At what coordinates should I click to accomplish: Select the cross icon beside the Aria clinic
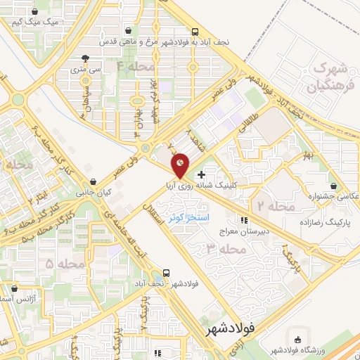click(202, 174)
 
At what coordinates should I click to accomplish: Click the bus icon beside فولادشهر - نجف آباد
click(166, 273)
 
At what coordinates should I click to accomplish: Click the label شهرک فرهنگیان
click(328, 79)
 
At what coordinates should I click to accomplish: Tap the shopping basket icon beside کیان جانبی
click(94, 181)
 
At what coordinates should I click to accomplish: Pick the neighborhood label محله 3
click(226, 249)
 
